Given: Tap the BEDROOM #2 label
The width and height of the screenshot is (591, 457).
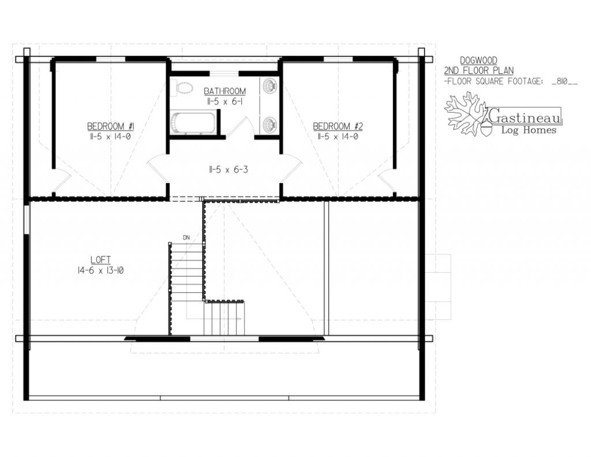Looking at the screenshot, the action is point(338,126).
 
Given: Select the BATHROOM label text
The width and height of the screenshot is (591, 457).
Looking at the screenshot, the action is point(225,91).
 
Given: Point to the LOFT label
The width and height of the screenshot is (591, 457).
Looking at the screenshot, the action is point(100,259).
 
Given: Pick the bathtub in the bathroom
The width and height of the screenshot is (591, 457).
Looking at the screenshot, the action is point(193,122).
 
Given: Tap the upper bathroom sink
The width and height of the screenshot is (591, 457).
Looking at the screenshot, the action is point(270,86).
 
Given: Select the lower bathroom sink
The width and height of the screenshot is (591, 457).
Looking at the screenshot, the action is point(270,124).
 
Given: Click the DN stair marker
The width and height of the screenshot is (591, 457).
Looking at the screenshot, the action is point(186,237).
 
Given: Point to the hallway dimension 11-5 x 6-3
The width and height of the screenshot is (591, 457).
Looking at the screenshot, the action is point(229,169).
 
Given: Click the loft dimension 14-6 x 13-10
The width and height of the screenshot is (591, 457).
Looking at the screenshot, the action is point(100,270).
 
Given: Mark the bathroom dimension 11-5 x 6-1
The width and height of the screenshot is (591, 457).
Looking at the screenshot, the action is point(225,101).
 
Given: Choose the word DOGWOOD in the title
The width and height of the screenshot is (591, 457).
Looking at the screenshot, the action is point(478,61).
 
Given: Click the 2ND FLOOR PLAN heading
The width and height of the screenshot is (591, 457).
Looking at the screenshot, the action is point(478,70).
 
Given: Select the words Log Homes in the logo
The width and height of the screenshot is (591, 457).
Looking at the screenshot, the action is point(529,130).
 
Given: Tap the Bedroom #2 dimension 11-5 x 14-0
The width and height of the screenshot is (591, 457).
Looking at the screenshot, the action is point(338,136).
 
